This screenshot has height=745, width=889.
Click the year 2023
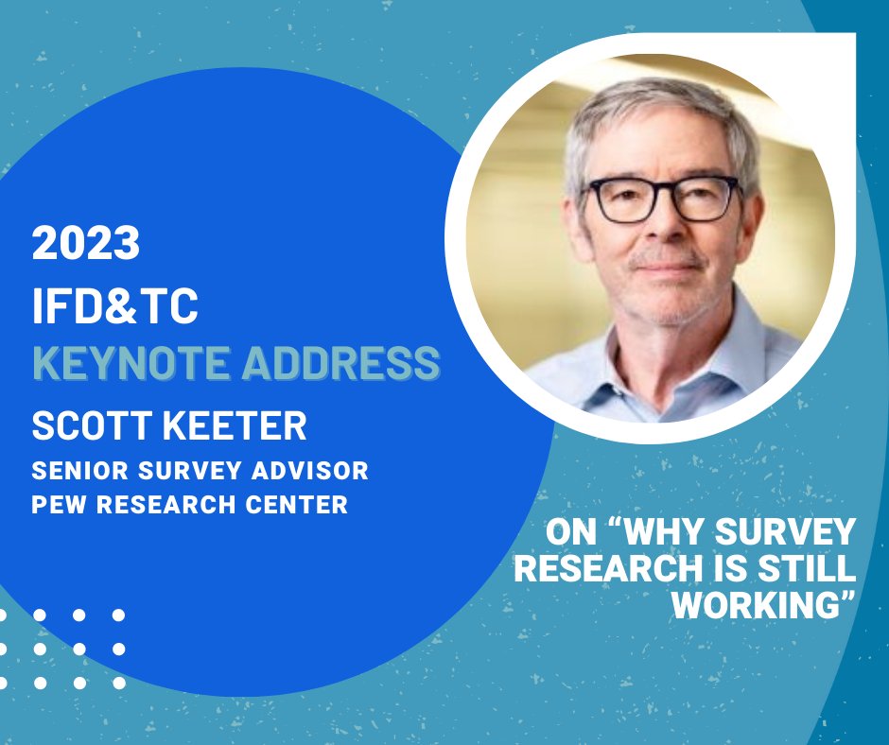86,244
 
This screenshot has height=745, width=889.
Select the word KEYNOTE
130,364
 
